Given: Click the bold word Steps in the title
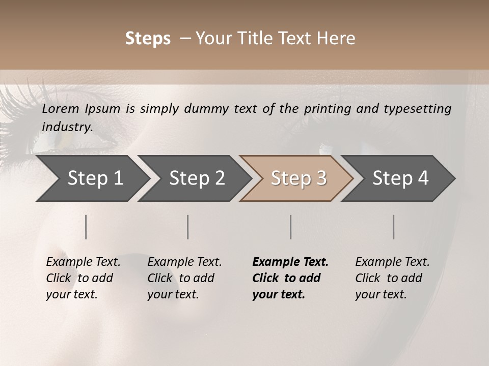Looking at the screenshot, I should pyautogui.click(x=148, y=39).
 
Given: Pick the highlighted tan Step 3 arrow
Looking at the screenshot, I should pyautogui.click(x=298, y=178).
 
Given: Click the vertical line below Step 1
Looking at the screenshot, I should pyautogui.click(x=86, y=227).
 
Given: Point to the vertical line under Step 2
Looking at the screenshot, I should pyautogui.click(x=188, y=227).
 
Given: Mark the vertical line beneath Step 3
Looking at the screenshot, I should pyautogui.click(x=291, y=227).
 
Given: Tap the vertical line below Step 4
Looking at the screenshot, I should pyautogui.click(x=394, y=227).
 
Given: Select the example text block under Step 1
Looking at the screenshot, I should pyautogui.click(x=83, y=278).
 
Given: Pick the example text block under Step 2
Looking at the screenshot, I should pyautogui.click(x=184, y=278).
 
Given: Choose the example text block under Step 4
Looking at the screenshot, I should pyautogui.click(x=392, y=278).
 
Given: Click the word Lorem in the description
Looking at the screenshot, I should pyautogui.click(x=61, y=109).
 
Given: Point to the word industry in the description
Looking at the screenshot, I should pyautogui.click(x=67, y=127).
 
